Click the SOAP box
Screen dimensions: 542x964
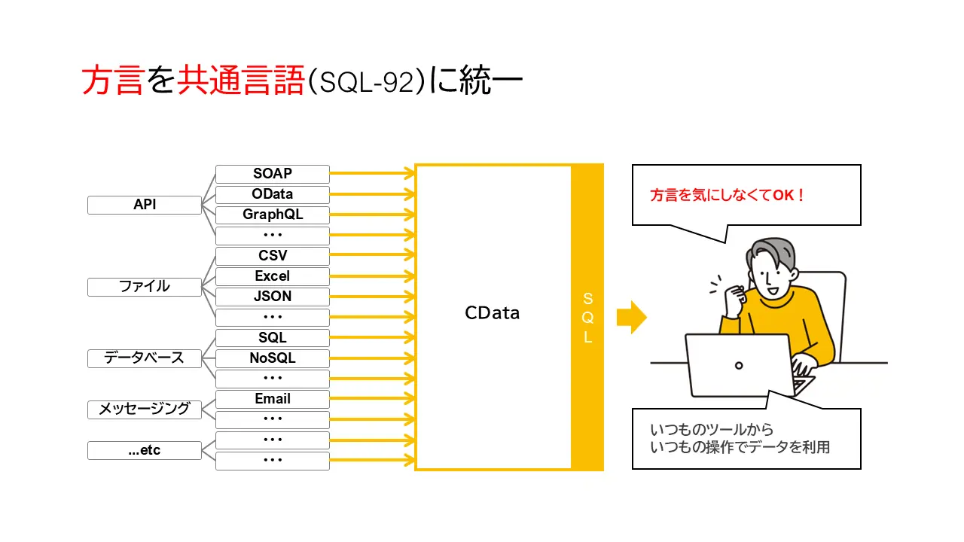(272, 174)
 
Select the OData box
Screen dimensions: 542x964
(272, 194)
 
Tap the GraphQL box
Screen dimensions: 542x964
(272, 215)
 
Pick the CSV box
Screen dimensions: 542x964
(272, 256)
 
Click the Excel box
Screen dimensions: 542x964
(272, 276)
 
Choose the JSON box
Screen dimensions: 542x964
(272, 297)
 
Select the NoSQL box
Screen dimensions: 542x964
(272, 358)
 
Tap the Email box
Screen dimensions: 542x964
(272, 399)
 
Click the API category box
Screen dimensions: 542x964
(144, 205)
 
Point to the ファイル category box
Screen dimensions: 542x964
(144, 287)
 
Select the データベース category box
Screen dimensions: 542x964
(144, 358)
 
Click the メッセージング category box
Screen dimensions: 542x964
(144, 410)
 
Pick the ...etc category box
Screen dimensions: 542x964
(144, 451)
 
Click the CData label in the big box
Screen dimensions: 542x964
(492, 313)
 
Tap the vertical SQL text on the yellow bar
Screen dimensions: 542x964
(587, 318)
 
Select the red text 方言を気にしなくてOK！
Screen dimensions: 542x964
(728, 196)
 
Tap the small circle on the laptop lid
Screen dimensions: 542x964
(739, 366)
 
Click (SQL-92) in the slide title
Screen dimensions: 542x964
(368, 83)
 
